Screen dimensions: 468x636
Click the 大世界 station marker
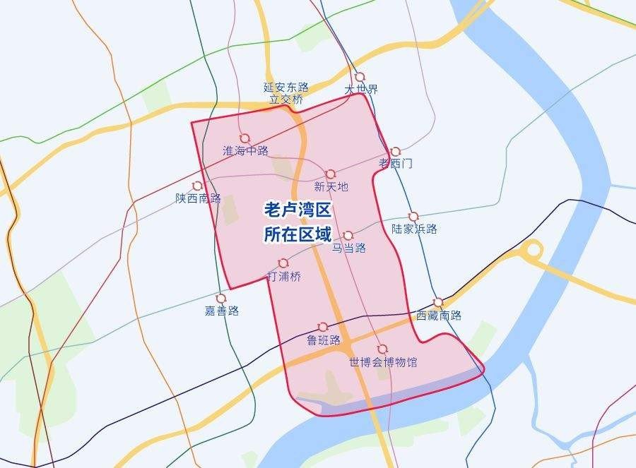[360, 77]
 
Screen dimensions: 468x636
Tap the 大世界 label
[361, 90]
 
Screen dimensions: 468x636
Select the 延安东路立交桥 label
[286, 94]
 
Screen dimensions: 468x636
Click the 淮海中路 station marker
[245, 138]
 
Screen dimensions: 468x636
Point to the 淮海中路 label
[245, 151]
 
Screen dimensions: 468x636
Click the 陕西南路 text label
[199, 198]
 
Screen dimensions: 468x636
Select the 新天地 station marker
[330, 174]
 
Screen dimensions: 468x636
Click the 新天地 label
[331, 187]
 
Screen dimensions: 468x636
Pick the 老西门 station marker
[395, 152]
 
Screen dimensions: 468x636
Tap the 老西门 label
[396, 164]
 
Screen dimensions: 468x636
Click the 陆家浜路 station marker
[413, 216]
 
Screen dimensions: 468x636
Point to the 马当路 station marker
[348, 235]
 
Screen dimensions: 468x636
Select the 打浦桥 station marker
[283, 263]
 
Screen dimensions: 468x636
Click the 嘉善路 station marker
[221, 298]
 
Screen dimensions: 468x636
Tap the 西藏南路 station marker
[438, 302]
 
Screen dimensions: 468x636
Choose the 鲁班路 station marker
[323, 327]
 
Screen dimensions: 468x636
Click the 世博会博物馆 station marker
[382, 349]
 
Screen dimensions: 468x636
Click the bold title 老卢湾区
[298, 210]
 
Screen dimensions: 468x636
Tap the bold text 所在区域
[298, 234]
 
